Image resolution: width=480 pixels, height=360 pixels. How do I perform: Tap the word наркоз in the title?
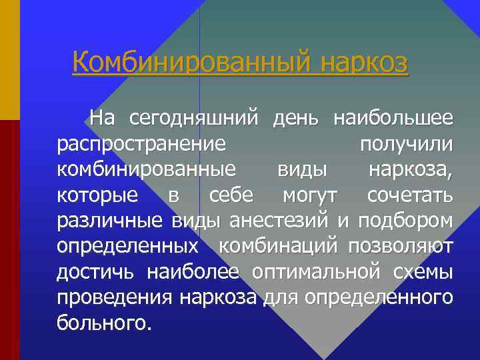pyautogui.click(x=363, y=63)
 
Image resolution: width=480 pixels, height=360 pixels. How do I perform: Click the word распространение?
pyautogui.click(x=141, y=145)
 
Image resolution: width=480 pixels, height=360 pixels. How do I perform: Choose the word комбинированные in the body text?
pyautogui.click(x=146, y=169)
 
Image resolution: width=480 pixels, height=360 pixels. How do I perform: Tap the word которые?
pyautogui.click(x=98, y=195)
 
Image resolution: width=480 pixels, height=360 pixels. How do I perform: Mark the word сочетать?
pyautogui.click(x=410, y=195)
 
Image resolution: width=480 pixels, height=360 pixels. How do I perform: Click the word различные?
pyautogui.click(x=111, y=220)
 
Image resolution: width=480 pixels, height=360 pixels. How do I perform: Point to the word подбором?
pyautogui.click(x=405, y=220)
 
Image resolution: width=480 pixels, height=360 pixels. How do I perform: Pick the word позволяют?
pyautogui.click(x=401, y=246)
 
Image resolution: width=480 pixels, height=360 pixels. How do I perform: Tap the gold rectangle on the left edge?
pyautogui.click(x=9, y=59)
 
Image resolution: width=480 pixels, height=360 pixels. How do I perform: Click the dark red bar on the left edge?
pyautogui.click(x=9, y=240)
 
